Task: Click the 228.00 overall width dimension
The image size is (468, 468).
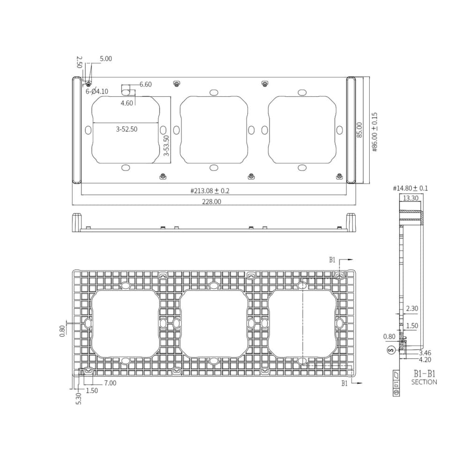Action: point(212,201)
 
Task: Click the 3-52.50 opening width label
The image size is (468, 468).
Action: point(126,129)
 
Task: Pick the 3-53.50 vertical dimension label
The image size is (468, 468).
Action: point(166,145)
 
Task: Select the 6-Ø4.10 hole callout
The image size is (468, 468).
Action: point(97,91)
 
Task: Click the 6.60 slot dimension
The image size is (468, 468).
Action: point(146,85)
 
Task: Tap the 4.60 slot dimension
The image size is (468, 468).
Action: point(127,103)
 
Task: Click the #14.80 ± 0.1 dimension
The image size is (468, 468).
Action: point(410,189)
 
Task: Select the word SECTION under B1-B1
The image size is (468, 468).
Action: point(424,382)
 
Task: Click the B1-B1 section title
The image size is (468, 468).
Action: point(424,374)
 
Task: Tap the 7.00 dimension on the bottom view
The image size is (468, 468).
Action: point(110,383)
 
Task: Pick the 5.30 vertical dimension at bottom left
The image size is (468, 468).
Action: point(78,398)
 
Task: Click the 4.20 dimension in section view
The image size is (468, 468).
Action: point(425,360)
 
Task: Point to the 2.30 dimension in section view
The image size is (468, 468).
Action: point(412,308)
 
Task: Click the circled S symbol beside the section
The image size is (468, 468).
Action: point(391,350)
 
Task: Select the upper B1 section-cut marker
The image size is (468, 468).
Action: point(332,260)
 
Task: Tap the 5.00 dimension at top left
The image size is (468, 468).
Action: point(106,59)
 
